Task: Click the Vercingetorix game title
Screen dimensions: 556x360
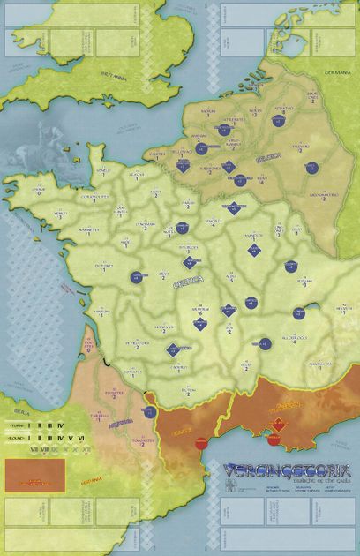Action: [x=280, y=470]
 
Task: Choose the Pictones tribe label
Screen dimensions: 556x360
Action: [x=103, y=264]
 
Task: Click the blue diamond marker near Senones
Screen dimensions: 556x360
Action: [x=235, y=207]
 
